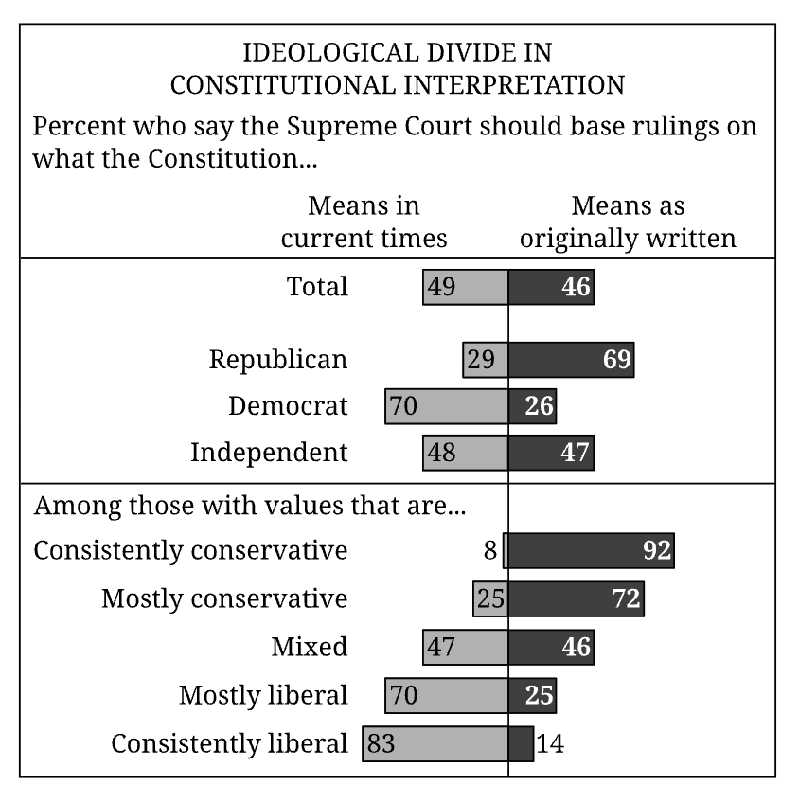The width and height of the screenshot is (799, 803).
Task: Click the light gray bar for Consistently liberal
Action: pyautogui.click(x=435, y=743)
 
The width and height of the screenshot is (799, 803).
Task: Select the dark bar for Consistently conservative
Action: pyautogui.click(x=591, y=550)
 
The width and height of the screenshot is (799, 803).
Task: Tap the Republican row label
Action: pyautogui.click(x=278, y=360)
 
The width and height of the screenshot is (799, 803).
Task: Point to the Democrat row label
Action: pyautogui.click(x=288, y=406)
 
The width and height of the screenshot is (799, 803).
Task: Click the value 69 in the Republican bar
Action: pyautogui.click(x=617, y=361)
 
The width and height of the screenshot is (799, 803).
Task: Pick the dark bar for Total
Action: pyautogui.click(x=551, y=287)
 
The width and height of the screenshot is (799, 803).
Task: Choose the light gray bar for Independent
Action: pyautogui.click(x=465, y=453)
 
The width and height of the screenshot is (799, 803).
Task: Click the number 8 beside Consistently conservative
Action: pyautogui.click(x=490, y=550)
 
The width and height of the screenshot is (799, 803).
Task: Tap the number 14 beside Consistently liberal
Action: pyautogui.click(x=550, y=744)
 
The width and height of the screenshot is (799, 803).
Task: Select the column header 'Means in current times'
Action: pyautogui.click(x=364, y=222)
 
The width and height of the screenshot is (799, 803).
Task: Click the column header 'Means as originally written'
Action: pyautogui.click(x=628, y=222)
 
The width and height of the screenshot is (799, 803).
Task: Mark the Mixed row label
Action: pyautogui.click(x=309, y=647)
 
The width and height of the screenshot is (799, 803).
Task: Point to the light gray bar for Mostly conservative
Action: pyautogui.click(x=490, y=598)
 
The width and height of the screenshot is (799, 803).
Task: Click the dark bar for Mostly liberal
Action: pyautogui.click(x=532, y=696)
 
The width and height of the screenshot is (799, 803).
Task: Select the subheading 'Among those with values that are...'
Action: pyautogui.click(x=250, y=505)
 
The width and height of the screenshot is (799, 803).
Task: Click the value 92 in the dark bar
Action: pyautogui.click(x=656, y=551)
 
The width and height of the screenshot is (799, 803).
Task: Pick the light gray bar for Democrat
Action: pyautogui.click(x=446, y=407)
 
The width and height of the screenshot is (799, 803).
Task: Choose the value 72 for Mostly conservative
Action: pyautogui.click(x=627, y=598)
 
